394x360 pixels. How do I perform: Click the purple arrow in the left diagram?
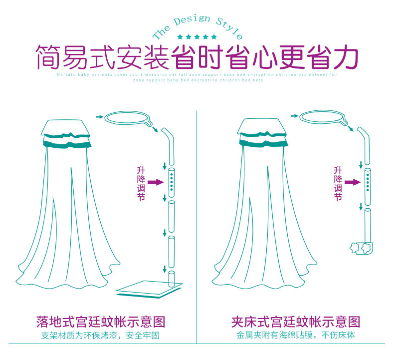[156, 182]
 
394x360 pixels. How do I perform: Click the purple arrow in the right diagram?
[352, 182]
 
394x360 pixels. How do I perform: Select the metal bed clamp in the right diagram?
[360, 248]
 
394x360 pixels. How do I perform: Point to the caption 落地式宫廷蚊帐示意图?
[100, 321]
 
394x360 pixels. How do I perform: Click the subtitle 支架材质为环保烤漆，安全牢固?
[100, 336]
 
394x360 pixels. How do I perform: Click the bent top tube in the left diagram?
[170, 145]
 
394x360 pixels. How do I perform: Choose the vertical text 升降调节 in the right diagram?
[338, 183]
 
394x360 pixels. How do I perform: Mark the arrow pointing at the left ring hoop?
[99, 116]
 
